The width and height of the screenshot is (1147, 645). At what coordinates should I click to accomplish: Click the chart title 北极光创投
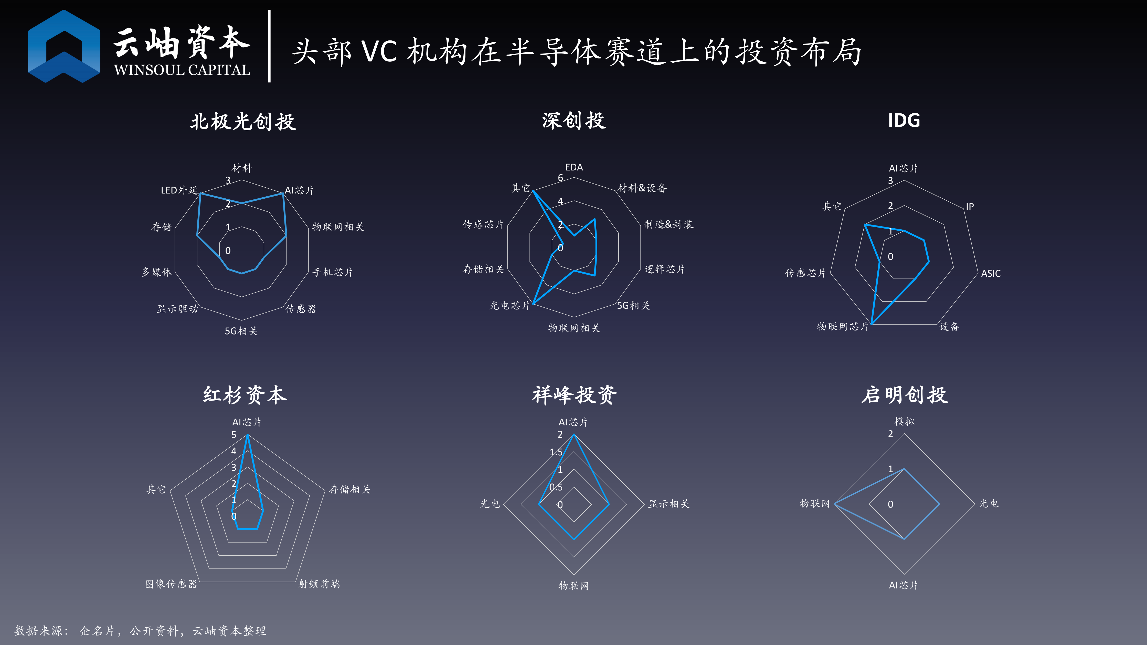[243, 122]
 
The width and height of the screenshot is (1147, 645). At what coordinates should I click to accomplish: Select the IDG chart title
[904, 121]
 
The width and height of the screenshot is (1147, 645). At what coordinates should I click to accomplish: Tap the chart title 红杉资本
[245, 395]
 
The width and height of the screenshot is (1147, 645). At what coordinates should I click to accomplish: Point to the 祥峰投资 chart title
[574, 395]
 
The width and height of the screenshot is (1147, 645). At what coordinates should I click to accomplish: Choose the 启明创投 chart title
[905, 395]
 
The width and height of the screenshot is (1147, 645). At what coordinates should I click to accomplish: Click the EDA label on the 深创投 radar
[574, 167]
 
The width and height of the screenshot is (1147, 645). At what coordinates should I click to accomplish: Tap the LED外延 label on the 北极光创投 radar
[179, 190]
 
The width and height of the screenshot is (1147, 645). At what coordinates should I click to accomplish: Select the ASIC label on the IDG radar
[991, 273]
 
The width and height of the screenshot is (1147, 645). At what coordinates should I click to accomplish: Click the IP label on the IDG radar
[970, 207]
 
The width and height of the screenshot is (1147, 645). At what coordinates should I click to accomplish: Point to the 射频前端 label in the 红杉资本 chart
[319, 584]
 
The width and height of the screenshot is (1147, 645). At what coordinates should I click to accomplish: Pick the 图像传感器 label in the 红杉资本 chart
[171, 584]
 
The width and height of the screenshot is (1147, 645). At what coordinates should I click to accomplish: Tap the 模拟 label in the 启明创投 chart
[904, 421]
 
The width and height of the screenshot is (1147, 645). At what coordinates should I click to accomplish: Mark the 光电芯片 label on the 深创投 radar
[510, 305]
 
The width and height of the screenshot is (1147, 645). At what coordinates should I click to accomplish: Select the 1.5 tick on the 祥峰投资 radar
[556, 452]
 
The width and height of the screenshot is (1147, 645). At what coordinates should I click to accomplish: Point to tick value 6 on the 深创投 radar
[561, 178]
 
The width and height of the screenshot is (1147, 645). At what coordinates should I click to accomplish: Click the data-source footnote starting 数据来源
[140, 631]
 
